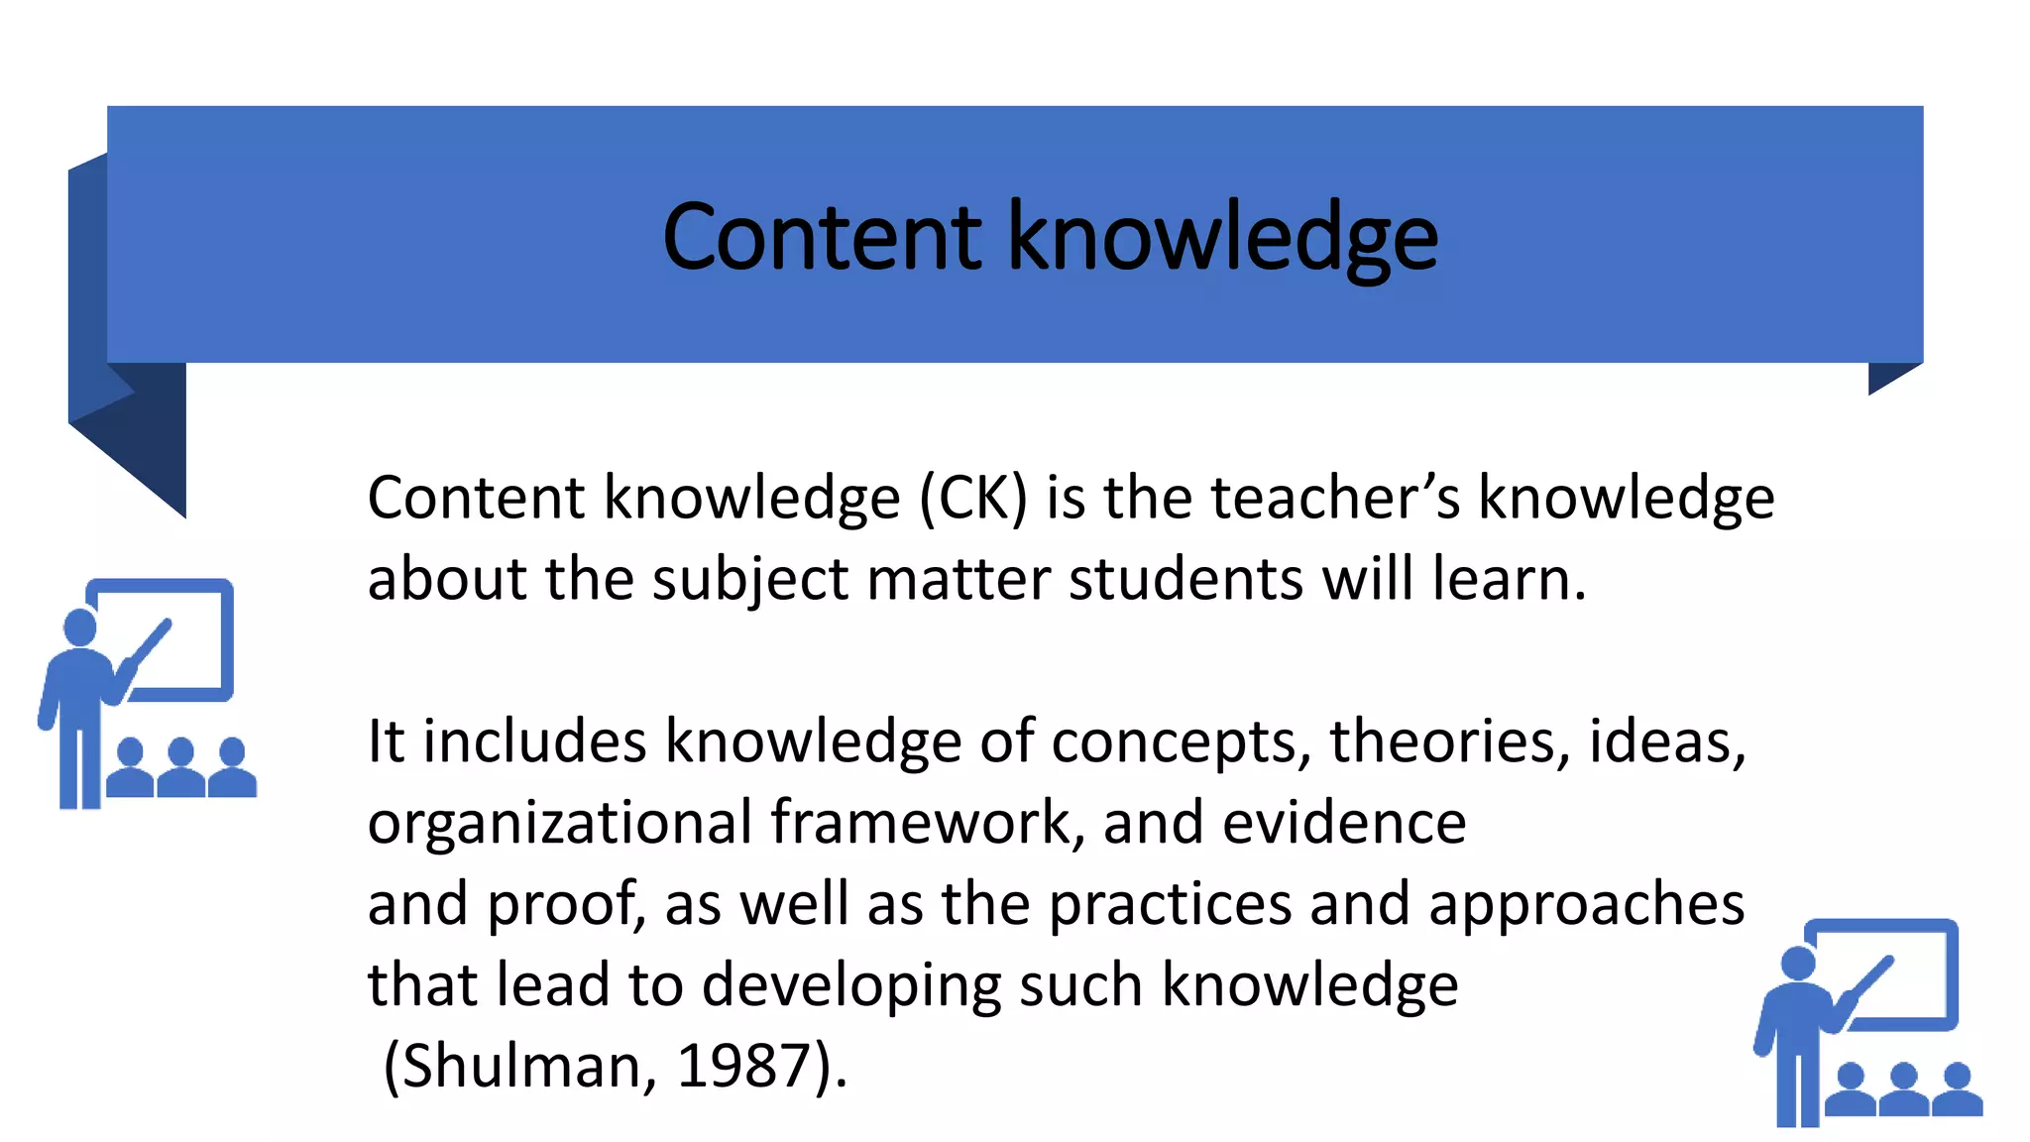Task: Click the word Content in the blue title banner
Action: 822,237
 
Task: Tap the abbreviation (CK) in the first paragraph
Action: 973,498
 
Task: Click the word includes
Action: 535,742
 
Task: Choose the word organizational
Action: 560,824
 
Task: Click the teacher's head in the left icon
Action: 80,627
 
